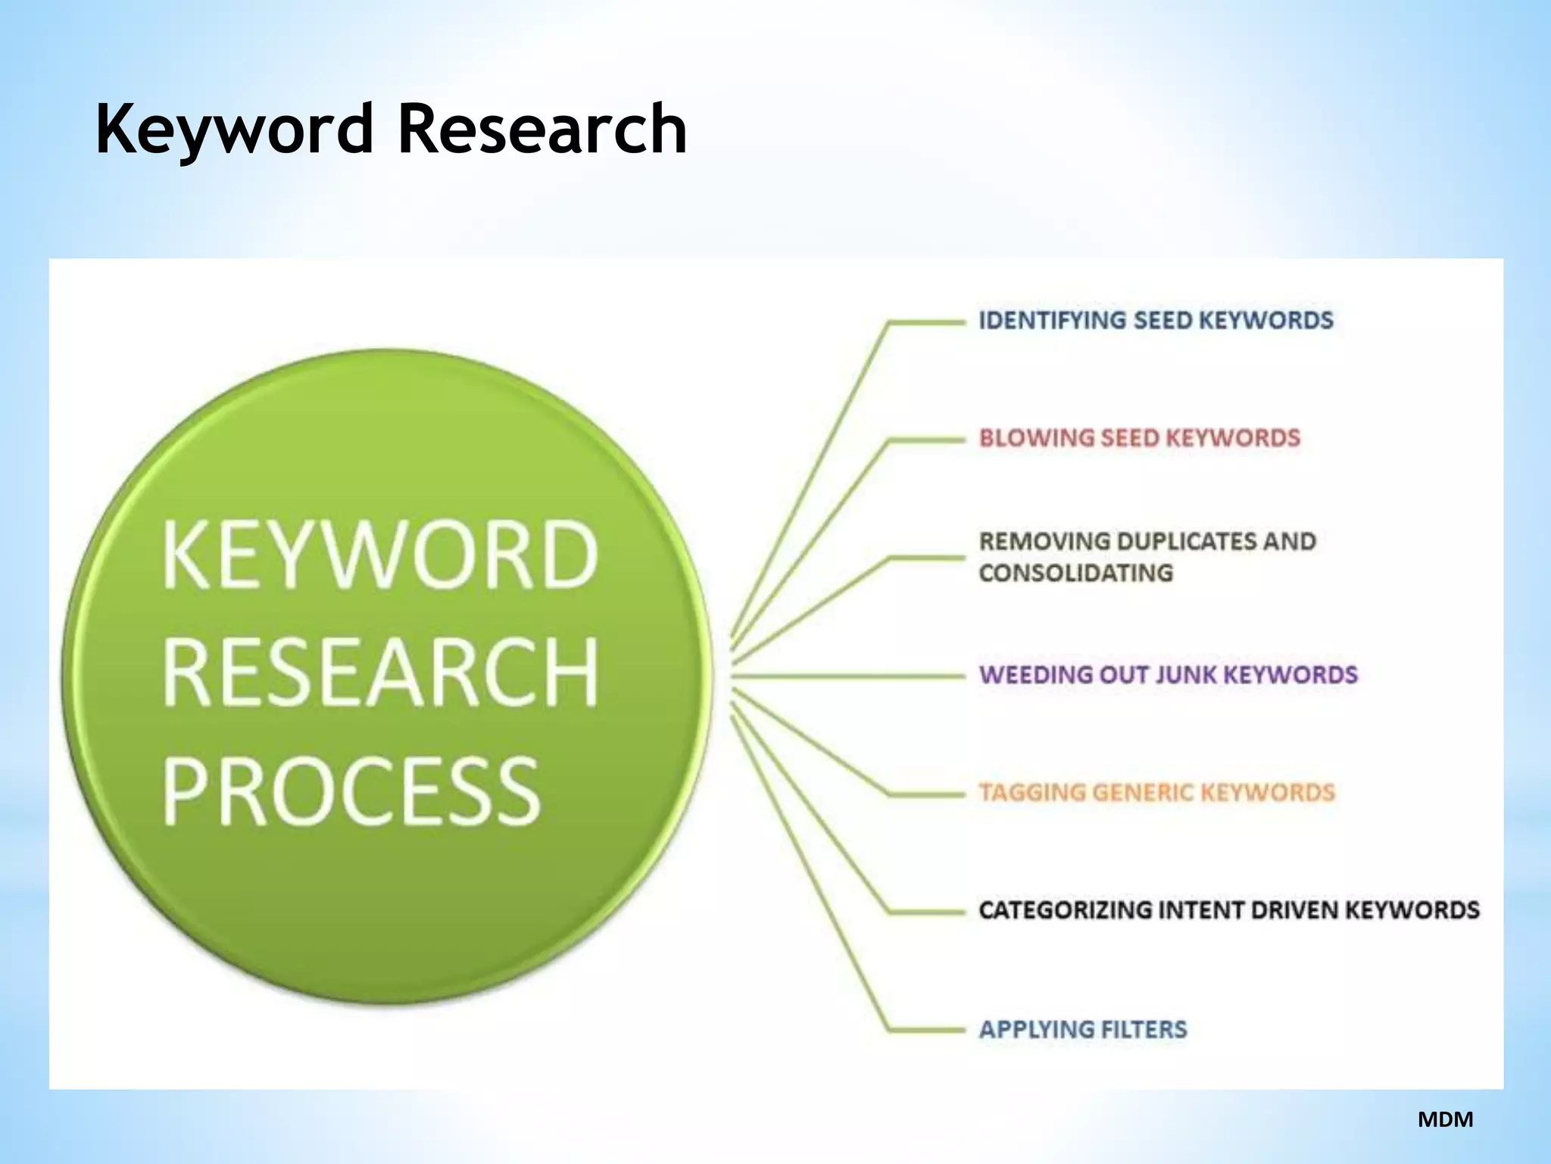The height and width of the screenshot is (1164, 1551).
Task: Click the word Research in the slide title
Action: (x=542, y=129)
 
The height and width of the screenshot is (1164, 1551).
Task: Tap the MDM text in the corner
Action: (x=1445, y=1119)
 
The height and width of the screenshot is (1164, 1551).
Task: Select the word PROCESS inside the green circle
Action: (x=351, y=792)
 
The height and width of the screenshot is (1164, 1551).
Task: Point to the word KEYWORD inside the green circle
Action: (x=380, y=555)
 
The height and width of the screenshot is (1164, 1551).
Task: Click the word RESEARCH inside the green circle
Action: (x=380, y=673)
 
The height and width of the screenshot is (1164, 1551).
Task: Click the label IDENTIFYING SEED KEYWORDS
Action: (x=1156, y=321)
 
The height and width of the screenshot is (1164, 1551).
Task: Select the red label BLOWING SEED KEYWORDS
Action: (x=1139, y=438)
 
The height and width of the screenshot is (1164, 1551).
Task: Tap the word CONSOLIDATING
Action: (x=1075, y=573)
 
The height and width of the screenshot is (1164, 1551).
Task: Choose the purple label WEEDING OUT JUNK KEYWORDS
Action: (x=1168, y=674)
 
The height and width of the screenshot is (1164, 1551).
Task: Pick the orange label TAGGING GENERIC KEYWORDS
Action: (x=1156, y=793)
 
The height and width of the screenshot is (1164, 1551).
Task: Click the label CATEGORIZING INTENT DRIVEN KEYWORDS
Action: (x=1228, y=909)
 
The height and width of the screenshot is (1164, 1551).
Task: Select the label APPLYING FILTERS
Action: (x=1083, y=1029)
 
